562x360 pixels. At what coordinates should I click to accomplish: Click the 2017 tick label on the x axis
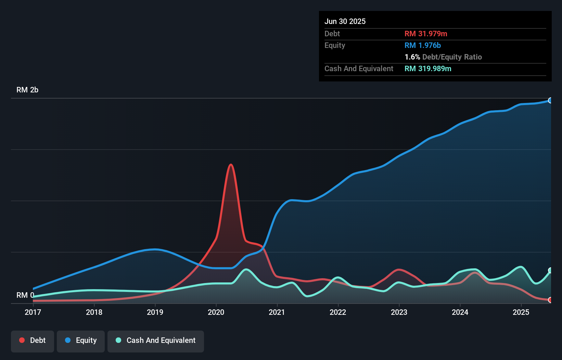click(33, 312)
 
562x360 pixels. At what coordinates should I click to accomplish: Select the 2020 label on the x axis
click(216, 312)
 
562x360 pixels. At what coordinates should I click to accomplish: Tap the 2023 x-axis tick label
click(399, 312)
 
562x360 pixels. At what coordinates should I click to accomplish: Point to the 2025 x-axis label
click(521, 312)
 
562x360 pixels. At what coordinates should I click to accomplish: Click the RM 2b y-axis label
click(27, 90)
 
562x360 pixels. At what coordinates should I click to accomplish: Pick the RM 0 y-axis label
click(25, 295)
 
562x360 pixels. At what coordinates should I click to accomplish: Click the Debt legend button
click(33, 340)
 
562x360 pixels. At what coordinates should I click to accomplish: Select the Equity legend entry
click(81, 340)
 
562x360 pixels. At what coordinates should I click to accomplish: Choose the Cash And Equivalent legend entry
click(156, 340)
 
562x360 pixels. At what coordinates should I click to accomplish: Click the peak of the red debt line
click(231, 165)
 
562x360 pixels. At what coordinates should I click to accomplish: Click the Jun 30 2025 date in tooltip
click(345, 21)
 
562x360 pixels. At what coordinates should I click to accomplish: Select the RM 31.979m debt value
click(426, 34)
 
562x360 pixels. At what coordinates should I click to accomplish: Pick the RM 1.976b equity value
click(423, 45)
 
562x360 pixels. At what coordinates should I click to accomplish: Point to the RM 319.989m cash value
click(428, 68)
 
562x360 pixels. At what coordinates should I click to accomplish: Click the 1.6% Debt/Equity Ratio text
click(443, 57)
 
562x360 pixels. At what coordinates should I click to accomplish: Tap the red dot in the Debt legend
click(22, 340)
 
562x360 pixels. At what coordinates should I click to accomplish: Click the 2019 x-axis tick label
click(155, 312)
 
